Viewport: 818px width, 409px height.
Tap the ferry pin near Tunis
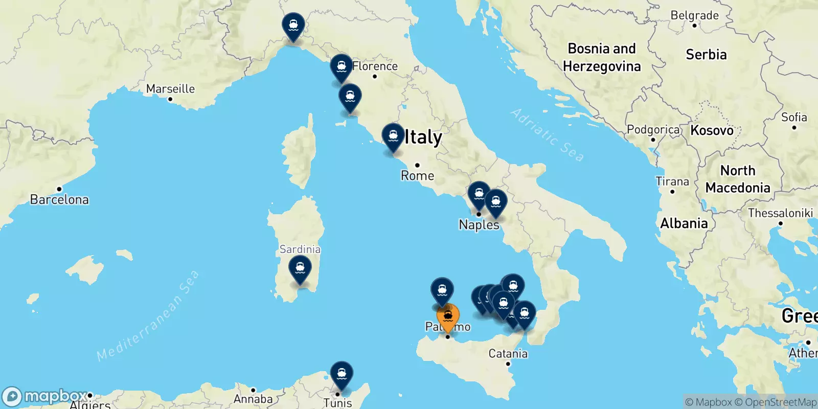tap(342, 374)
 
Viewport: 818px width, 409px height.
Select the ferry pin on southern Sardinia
tap(300, 268)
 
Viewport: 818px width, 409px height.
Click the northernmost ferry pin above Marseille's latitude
tap(293, 26)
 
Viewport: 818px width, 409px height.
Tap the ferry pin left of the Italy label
tap(393, 137)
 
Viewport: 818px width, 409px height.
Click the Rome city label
tap(417, 176)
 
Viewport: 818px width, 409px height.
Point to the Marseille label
tap(170, 89)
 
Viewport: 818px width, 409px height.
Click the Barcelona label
tap(59, 199)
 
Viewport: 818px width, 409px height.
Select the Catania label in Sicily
tap(508, 353)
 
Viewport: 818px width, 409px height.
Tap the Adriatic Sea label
tap(547, 135)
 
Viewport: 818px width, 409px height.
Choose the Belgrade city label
tap(694, 15)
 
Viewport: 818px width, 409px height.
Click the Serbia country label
tap(706, 55)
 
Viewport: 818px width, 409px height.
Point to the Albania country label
tap(684, 223)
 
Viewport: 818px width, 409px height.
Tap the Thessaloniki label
tap(780, 213)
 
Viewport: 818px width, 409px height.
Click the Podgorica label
tap(653, 130)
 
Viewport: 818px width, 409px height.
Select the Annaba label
tap(253, 399)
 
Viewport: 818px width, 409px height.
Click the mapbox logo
tap(45, 396)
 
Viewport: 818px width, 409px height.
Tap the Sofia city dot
tap(794, 127)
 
